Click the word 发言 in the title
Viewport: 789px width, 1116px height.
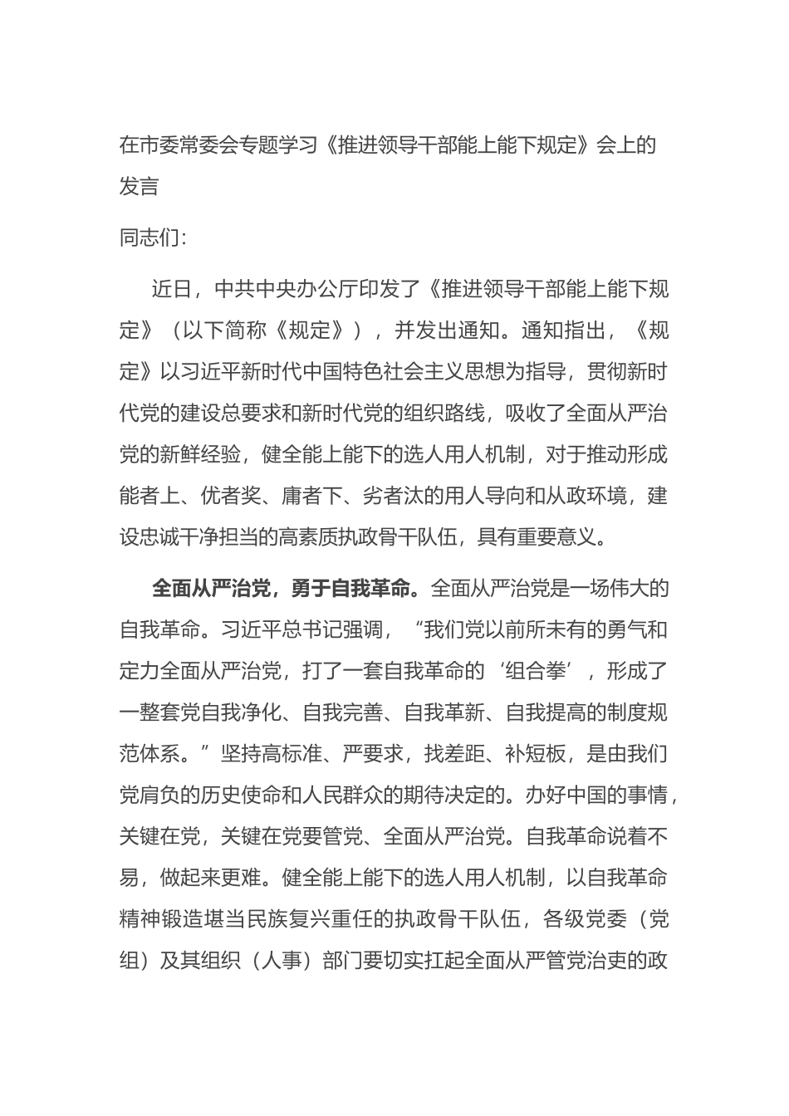[140, 186]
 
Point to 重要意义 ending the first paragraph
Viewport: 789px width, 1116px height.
[555, 537]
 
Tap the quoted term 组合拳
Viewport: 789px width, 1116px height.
[542, 671]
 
